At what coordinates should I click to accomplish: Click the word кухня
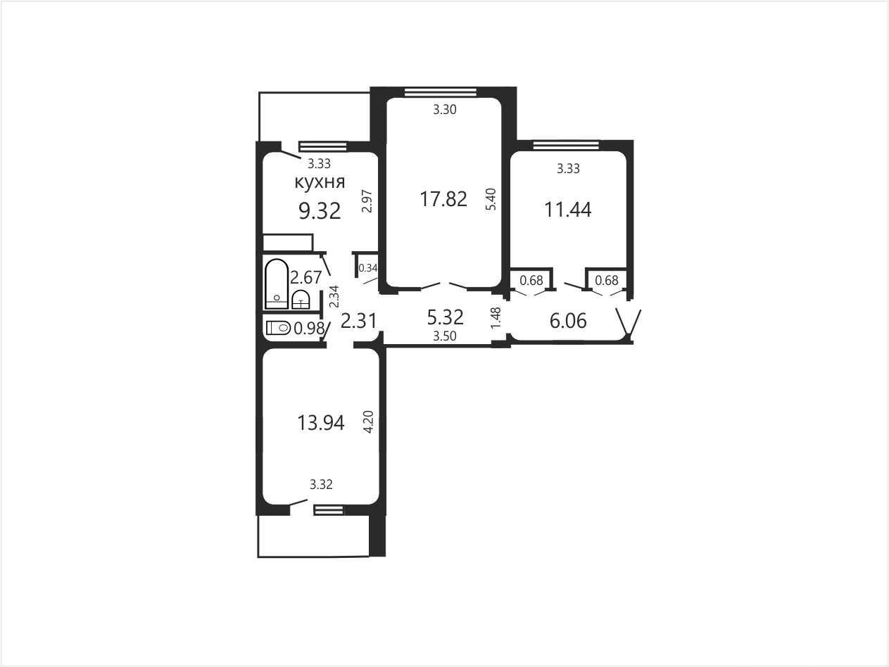coord(320,182)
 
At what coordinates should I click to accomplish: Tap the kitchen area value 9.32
coord(320,211)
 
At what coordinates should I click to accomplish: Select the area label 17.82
coord(443,199)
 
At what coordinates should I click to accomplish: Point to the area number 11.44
coord(568,210)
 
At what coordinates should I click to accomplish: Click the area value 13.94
coord(321,423)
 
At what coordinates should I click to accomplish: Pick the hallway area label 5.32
coord(445,317)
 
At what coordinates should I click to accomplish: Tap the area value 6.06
coord(568,321)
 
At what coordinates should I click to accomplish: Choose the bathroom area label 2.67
coord(305,278)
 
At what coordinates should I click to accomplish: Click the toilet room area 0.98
coord(309,329)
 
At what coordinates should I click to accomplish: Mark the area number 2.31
coord(359,321)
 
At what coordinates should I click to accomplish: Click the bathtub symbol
coord(277,284)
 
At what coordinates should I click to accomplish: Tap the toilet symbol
coord(279,328)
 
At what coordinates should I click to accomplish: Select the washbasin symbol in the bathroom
coord(301,300)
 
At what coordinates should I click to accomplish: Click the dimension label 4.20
coord(368,422)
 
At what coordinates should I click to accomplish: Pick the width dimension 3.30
coord(445,109)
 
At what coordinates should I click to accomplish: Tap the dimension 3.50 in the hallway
coord(445,336)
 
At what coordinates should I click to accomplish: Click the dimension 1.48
coord(496,318)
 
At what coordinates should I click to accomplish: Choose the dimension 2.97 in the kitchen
coord(367,201)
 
